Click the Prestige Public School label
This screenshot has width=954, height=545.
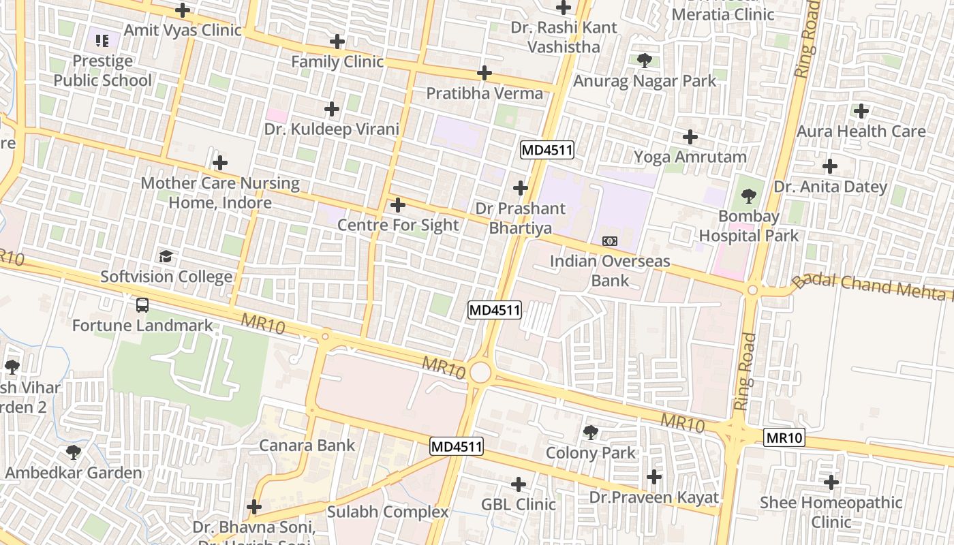tap(103, 71)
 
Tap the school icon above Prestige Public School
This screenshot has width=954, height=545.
tap(102, 41)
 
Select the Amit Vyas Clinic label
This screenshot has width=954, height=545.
tap(183, 30)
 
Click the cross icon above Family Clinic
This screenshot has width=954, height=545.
tap(337, 41)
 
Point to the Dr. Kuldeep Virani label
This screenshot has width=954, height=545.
tap(332, 129)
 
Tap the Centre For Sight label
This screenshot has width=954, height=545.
tap(398, 225)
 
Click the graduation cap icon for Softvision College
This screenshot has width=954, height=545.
tap(166, 257)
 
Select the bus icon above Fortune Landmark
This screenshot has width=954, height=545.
tap(142, 305)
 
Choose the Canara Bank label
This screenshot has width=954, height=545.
tap(307, 446)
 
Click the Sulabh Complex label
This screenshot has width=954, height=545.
tap(388, 512)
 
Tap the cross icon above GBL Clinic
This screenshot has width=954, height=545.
tap(519, 484)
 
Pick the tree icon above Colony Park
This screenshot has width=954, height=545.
tap(591, 432)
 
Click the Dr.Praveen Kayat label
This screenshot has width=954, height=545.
tap(654, 497)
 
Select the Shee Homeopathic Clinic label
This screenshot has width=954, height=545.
tap(831, 512)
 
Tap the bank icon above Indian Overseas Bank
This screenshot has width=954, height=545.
tap(610, 241)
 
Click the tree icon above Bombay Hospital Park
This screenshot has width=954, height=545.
tap(749, 197)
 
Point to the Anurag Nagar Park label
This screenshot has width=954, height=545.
tap(645, 81)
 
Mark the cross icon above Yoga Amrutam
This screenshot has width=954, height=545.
tap(690, 137)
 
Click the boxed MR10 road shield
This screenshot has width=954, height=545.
tap(784, 437)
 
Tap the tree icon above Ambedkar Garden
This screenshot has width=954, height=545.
tap(74, 452)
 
